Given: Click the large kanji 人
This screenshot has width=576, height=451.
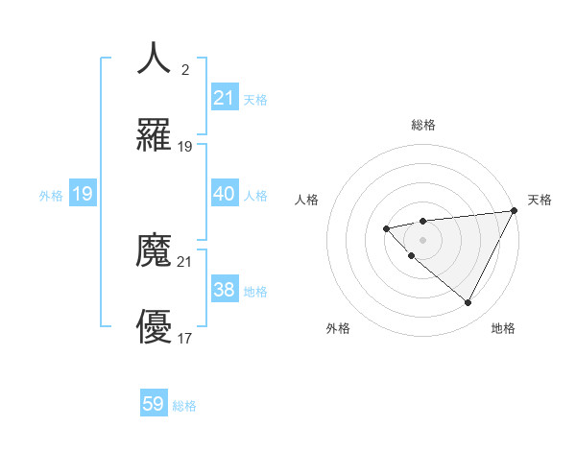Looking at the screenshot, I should point(154,59).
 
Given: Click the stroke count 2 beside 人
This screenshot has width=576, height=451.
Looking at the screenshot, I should point(185,69).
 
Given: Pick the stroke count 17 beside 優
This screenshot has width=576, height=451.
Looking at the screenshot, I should point(185,339).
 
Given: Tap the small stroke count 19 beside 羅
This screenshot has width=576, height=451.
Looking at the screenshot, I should point(185,147).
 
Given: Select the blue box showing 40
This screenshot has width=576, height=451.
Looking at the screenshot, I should point(224,194).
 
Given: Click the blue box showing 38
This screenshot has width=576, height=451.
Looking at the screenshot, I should point(224,290).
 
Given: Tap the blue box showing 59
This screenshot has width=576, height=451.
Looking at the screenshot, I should point(154,404).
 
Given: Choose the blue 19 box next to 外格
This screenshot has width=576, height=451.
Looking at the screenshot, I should point(83,194).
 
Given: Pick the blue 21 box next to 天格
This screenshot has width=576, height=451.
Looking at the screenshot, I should point(224,98).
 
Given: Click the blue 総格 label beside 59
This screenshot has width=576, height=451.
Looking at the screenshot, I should point(184,406).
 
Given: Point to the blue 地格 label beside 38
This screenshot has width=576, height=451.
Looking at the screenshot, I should point(255,292).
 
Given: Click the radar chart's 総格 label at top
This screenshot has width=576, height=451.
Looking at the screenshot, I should point(423,126).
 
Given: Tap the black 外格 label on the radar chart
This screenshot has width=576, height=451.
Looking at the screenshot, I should point(338,329).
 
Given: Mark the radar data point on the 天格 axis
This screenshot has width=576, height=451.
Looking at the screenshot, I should point(515,211).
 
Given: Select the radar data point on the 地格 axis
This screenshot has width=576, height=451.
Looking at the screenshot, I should point(468,303).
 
